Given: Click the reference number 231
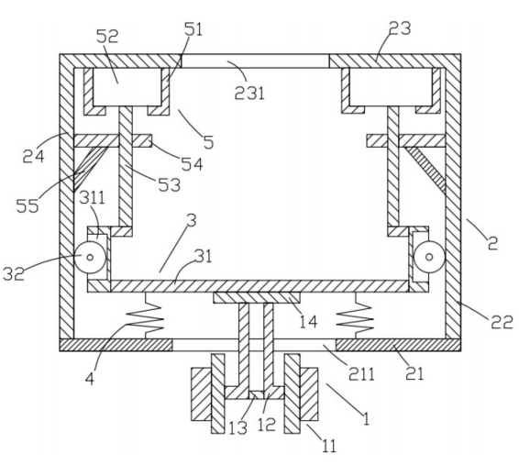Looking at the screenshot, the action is point(249,93).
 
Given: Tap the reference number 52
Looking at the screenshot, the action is point(107,36).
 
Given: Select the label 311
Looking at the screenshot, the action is point(93,197).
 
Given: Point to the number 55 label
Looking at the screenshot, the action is point(28,205).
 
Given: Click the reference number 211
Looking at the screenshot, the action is point(361,374).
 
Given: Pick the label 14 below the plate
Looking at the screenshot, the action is point(308,321).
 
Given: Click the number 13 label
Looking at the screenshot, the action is point(238,427).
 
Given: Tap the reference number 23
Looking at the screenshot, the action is point(400,28).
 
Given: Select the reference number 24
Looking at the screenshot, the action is point(33,156).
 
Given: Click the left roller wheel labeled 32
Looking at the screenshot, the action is point(90,257).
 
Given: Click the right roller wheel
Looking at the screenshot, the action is point(429,257).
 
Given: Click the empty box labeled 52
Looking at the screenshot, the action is point(127,87).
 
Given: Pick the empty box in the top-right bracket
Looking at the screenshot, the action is point(391,87).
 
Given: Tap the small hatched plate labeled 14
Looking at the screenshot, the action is point(257,297).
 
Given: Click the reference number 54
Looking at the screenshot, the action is point(192,163).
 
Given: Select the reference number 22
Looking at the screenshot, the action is point(502,321).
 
